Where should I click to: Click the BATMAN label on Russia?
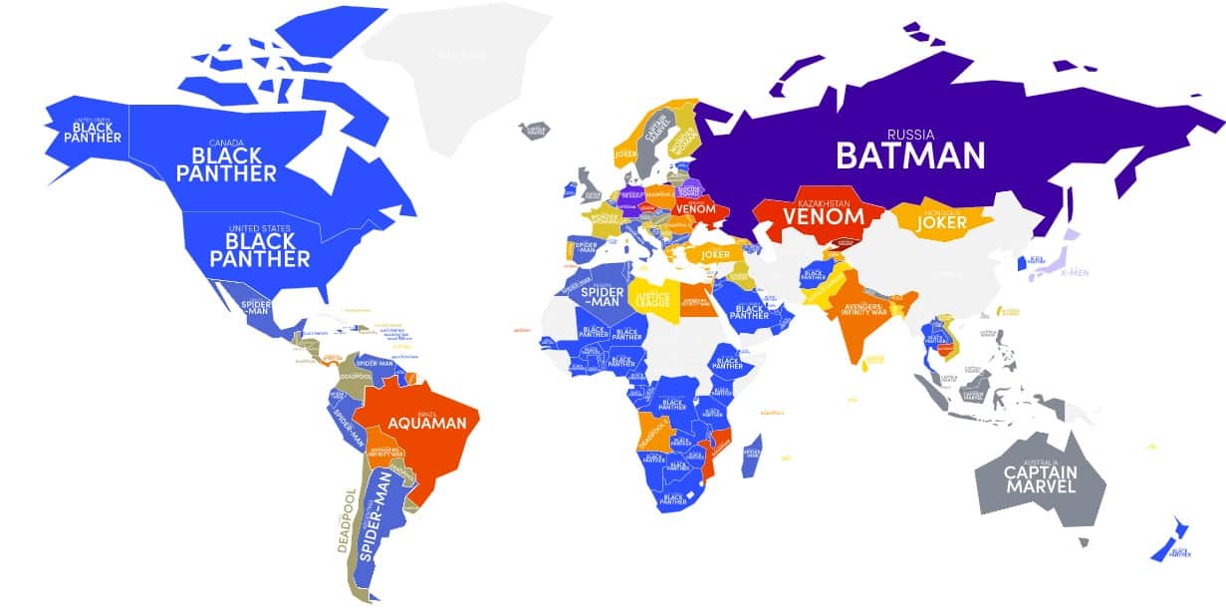point(909,154)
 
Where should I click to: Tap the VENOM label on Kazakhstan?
point(822,215)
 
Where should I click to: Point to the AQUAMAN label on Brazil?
point(426,423)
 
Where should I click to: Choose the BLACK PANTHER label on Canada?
point(226,164)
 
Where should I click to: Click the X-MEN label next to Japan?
point(1076,271)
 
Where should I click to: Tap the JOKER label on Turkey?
point(715,254)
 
